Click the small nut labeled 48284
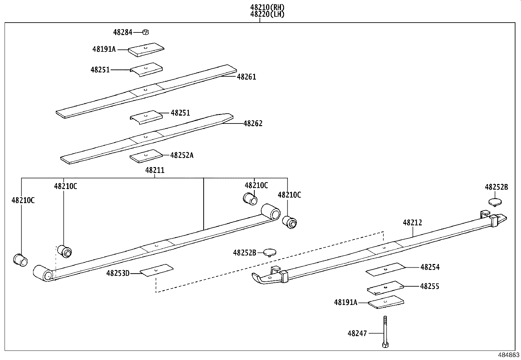pos(146,32)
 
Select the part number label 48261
pos(246,77)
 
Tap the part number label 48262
pos(253,124)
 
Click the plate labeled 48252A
pos(146,156)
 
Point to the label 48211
pos(155,170)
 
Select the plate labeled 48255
pos(385,288)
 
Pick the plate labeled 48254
pos(385,269)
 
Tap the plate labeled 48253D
pos(156,270)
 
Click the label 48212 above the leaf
pos(412,223)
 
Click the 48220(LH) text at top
pos(267,14)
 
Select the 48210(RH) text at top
pos(267,7)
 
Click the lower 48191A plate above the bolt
pos(386,302)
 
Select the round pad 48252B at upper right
pos(495,201)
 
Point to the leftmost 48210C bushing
pos(20,259)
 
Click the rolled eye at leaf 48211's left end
pos(43,273)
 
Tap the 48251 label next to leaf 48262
pos(180,113)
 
